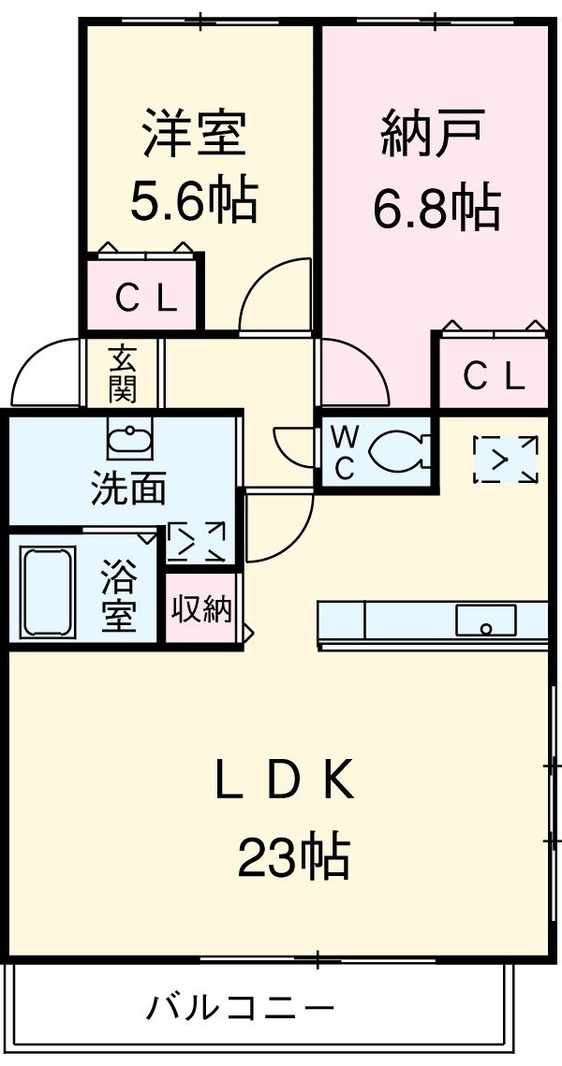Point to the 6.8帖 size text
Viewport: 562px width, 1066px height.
[436, 207]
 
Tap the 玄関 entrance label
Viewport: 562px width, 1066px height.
[123, 372]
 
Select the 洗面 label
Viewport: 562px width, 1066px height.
[128, 489]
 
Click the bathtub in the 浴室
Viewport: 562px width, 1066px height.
[48, 591]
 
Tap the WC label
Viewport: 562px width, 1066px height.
[344, 453]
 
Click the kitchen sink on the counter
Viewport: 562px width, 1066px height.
[485, 620]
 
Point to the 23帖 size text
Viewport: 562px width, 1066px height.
[294, 856]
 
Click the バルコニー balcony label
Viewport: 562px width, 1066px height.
[241, 1008]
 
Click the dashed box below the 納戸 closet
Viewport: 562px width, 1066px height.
[506, 460]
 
